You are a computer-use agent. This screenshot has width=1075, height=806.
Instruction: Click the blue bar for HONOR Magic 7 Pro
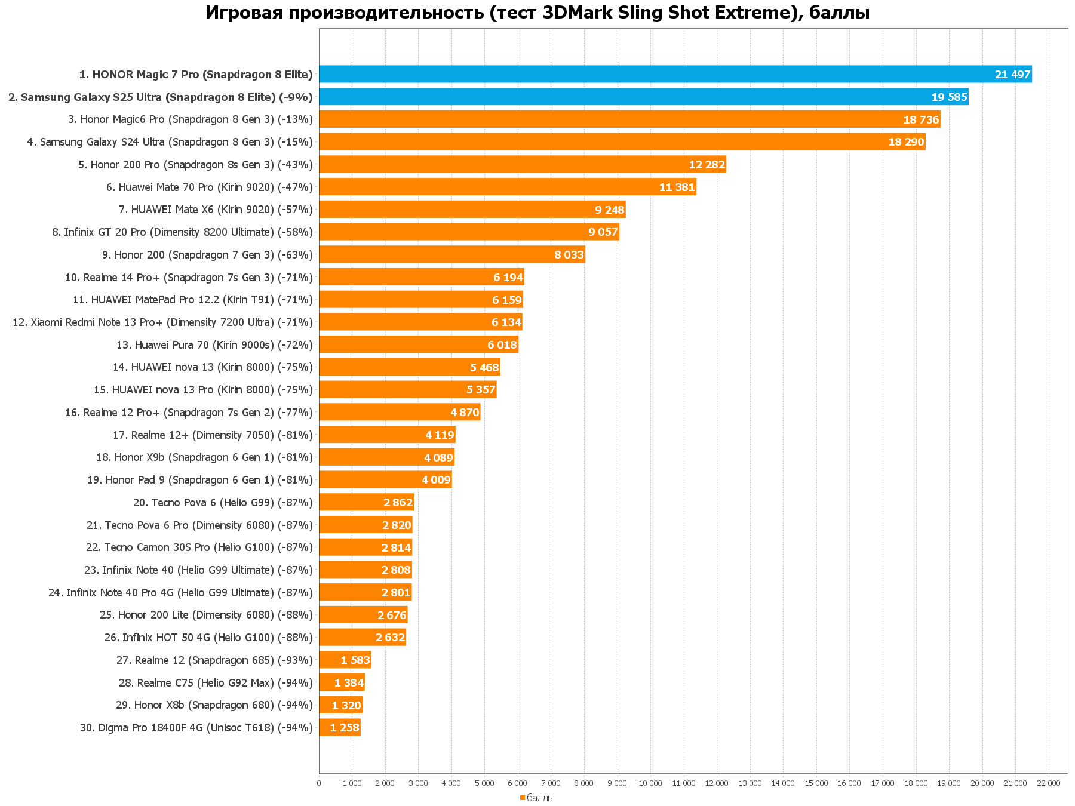pos(675,74)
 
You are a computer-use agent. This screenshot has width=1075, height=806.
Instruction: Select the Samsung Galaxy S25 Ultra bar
pos(643,97)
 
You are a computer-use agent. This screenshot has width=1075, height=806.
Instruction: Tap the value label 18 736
pos(921,119)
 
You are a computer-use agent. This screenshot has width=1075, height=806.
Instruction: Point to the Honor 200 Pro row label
pos(195,165)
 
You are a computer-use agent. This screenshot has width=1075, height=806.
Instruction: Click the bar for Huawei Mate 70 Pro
pos(508,187)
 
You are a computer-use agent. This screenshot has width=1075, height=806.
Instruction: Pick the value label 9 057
pos(603,232)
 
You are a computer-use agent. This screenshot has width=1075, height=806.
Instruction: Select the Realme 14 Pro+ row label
pos(189,278)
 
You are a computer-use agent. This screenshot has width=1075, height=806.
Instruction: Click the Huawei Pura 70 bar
pos(418,344)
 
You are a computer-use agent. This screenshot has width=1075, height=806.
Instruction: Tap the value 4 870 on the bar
pos(465,413)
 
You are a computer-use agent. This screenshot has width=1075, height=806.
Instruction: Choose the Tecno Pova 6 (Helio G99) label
pos(223,503)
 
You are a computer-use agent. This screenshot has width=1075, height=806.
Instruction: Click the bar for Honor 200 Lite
pos(363,615)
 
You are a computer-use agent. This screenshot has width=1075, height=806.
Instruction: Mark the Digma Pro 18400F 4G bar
pos(339,727)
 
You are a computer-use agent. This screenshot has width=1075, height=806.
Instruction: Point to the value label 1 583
pos(355,660)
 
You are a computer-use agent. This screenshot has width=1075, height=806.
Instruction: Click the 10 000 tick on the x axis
pos(650,783)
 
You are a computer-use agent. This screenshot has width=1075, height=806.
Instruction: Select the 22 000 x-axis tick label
pos(1048,783)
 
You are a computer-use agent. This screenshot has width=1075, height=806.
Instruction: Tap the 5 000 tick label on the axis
pos(484,783)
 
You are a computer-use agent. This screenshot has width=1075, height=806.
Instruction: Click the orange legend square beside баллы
pos(522,798)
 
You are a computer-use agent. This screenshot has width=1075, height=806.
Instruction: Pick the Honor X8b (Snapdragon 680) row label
pos(214,705)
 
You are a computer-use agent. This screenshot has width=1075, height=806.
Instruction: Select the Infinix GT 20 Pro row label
pos(182,232)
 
